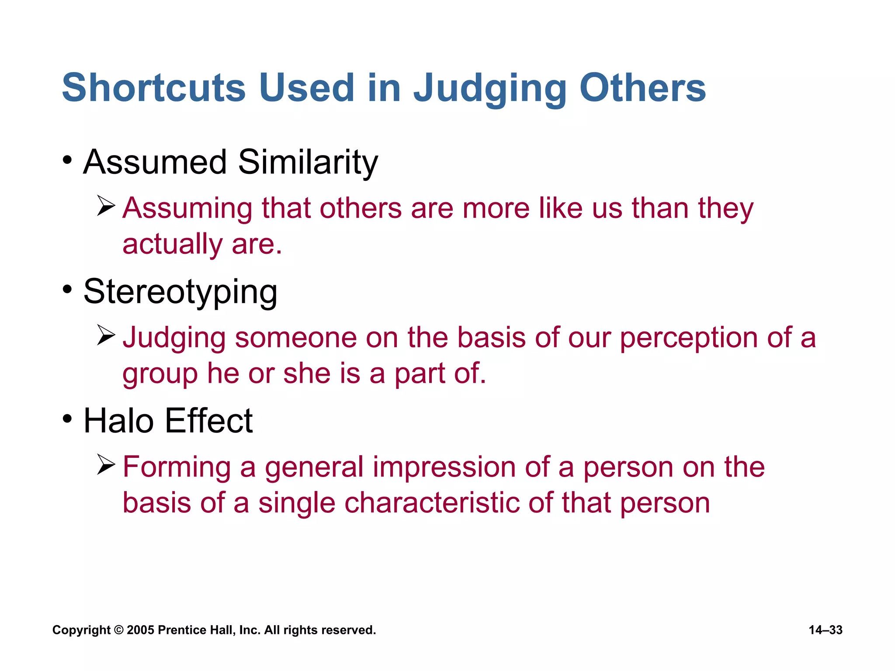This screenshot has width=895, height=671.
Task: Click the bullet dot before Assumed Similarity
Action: [x=67, y=160]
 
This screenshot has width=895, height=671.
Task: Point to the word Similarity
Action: [x=308, y=162]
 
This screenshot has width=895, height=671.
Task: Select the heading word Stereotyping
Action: [x=180, y=291]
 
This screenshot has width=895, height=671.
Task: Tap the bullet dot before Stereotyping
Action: [x=67, y=289]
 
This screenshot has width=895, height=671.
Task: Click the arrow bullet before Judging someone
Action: [x=106, y=335]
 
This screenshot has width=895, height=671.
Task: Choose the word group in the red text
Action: [x=160, y=374]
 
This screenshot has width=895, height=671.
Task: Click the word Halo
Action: [x=118, y=421]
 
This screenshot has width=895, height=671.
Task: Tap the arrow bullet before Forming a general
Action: [x=106, y=464]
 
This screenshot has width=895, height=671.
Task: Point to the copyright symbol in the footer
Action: [x=118, y=630]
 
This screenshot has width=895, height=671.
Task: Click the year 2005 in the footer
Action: [x=140, y=630]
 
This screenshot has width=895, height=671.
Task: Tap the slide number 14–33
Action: [x=826, y=630]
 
